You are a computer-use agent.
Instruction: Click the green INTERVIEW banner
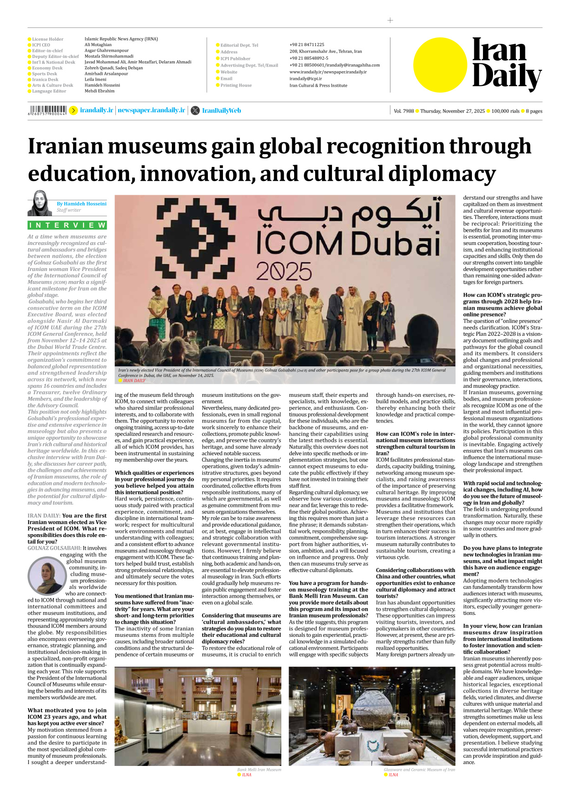(67, 225)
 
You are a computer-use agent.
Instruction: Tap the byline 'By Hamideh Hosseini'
(82, 203)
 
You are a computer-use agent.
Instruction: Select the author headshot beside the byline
(40, 203)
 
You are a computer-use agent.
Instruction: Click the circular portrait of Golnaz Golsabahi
(47, 575)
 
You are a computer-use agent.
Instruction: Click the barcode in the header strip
(47, 110)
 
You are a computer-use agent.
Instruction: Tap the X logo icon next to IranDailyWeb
(195, 110)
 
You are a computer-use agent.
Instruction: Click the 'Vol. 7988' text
(404, 111)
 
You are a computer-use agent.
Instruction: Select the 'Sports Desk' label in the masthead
(44, 73)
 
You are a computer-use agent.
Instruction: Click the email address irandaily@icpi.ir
(306, 78)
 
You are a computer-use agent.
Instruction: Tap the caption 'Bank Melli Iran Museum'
(259, 770)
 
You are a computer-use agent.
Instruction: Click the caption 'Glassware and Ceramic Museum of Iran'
(419, 770)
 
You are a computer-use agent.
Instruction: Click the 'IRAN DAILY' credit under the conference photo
(134, 380)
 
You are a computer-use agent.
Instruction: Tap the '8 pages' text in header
(534, 111)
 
